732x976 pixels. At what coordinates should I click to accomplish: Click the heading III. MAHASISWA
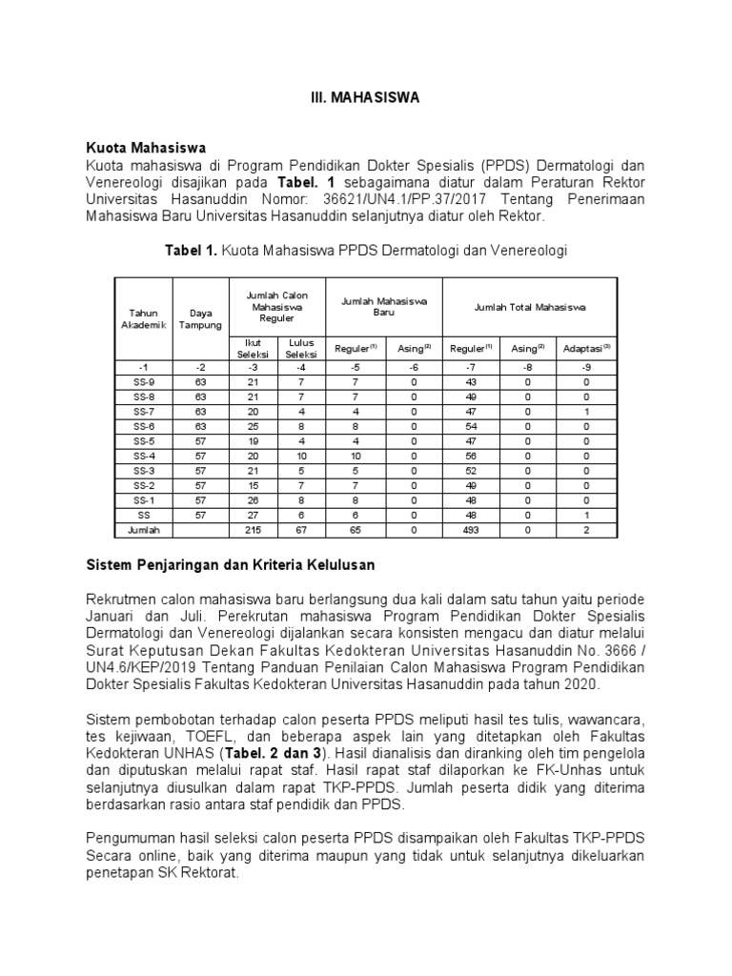click(366, 98)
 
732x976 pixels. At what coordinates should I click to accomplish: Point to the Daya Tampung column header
click(200, 318)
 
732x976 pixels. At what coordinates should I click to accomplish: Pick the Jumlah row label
click(144, 530)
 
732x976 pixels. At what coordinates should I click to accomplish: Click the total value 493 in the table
click(470, 530)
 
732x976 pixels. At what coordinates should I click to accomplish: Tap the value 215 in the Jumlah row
click(253, 530)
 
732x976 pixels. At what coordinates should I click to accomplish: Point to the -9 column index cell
click(586, 366)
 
